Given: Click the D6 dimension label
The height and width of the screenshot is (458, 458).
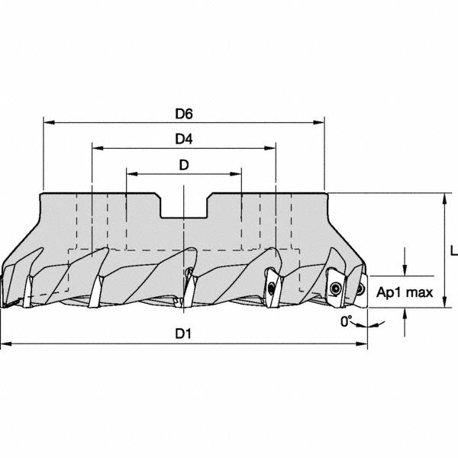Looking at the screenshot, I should point(183,114).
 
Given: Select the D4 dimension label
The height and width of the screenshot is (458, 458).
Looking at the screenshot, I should point(183,139).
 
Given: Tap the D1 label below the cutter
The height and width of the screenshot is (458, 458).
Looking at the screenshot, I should point(183,334).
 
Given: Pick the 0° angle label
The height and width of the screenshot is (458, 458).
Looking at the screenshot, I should point(347,321).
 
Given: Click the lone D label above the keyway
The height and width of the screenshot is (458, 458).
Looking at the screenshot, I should point(183,165).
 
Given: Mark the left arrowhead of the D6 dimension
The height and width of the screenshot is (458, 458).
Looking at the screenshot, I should point(48,121).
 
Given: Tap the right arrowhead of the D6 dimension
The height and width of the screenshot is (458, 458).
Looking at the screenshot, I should point(320,121).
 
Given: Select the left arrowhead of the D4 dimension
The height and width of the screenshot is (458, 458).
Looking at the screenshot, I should point(96,147).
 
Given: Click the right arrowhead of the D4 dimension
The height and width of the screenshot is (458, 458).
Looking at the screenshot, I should point(270,147).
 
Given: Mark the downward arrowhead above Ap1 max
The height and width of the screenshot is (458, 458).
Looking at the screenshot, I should point(405,271).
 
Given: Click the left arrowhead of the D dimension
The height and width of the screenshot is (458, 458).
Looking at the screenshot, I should point(131,173).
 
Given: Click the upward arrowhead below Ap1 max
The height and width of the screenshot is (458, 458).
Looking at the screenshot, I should point(405,313).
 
